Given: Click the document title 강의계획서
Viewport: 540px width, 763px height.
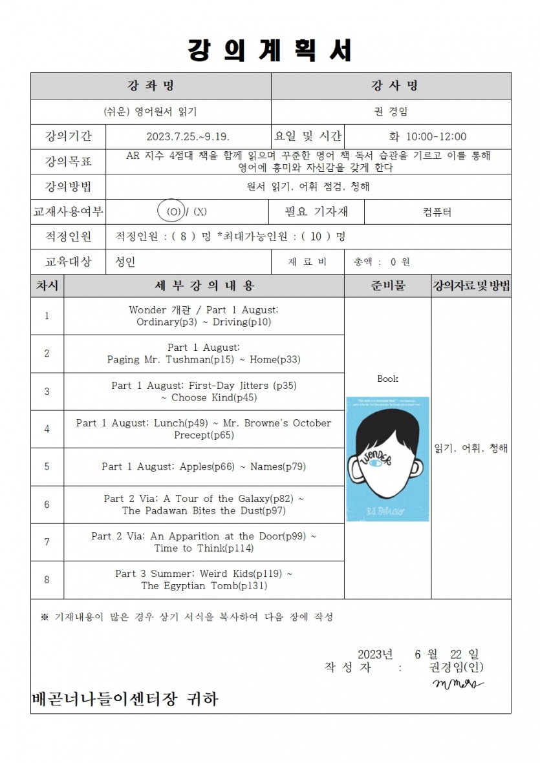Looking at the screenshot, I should (x=270, y=50).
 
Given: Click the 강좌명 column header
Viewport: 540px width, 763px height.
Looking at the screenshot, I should (x=151, y=86).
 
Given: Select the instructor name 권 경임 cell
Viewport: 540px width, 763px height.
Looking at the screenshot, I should (x=391, y=111).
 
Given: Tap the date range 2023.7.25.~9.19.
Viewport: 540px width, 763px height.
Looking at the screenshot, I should (x=188, y=137).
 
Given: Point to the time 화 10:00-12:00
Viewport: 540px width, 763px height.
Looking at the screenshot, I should (x=427, y=137).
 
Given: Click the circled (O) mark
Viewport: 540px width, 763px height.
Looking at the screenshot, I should (x=173, y=211).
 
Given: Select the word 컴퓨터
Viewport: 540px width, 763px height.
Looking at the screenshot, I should (x=437, y=212).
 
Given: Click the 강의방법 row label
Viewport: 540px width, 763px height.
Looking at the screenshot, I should (x=68, y=187).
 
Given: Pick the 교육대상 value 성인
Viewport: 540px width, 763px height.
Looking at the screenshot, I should (x=125, y=262).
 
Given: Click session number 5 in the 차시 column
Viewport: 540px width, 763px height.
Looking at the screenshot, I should (x=47, y=466).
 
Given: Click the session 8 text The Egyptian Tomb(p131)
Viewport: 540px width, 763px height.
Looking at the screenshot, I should (x=204, y=586).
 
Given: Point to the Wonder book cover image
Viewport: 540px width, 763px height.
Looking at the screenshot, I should (x=387, y=459).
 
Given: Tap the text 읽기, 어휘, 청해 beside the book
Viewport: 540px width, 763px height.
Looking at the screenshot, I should (x=471, y=448).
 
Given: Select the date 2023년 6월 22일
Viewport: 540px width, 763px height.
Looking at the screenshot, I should (x=418, y=654).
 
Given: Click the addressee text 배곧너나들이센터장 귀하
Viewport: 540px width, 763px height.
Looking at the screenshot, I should (x=125, y=699).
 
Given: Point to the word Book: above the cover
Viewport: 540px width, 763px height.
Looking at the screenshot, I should (x=387, y=379).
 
